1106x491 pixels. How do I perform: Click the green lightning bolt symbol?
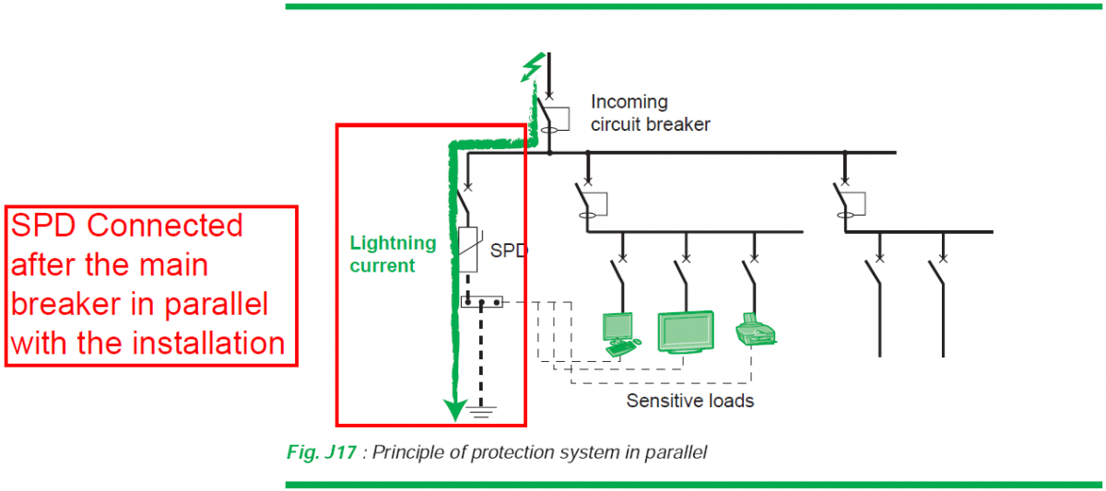click(533, 67)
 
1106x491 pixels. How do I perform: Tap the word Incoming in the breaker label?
click(629, 102)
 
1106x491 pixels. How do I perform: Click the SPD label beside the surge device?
click(509, 251)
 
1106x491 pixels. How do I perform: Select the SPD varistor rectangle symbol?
click(468, 250)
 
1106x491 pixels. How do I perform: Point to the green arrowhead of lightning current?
click(454, 410)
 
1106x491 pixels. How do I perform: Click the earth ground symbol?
click(481, 412)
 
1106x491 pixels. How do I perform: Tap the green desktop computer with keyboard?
click(620, 334)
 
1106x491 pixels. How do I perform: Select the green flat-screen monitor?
click(686, 332)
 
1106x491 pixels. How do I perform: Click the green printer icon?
click(756, 329)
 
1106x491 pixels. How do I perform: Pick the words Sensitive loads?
click(689, 401)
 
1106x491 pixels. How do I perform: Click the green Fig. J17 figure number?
click(322, 452)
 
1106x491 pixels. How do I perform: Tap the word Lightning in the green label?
click(393, 243)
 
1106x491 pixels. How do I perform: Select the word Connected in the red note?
click(164, 226)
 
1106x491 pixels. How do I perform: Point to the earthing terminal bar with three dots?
click(482, 301)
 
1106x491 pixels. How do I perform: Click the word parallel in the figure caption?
click(676, 452)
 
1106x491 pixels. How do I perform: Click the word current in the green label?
click(382, 266)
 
